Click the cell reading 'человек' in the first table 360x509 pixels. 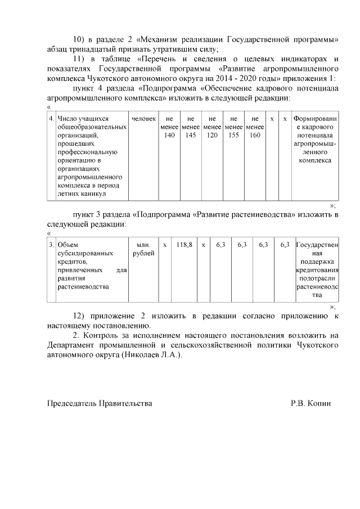(x=143, y=119)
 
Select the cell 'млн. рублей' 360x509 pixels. (x=143, y=249)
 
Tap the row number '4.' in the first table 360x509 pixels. (x=51, y=119)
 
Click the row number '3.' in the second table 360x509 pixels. (x=51, y=245)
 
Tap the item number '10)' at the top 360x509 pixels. (x=81, y=40)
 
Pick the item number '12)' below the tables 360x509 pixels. (x=81, y=316)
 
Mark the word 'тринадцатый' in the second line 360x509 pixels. (x=96, y=49)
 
